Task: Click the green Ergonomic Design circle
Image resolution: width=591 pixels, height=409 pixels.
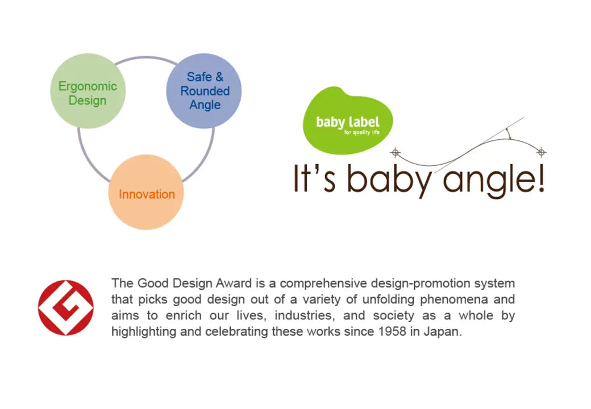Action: pyautogui.click(x=88, y=91)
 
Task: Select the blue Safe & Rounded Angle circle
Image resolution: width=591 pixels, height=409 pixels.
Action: pyautogui.click(x=204, y=91)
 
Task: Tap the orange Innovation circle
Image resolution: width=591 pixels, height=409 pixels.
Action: pyautogui.click(x=146, y=192)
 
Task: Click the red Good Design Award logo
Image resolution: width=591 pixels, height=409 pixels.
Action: pyautogui.click(x=65, y=308)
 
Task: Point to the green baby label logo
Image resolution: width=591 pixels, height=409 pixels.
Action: pyautogui.click(x=348, y=120)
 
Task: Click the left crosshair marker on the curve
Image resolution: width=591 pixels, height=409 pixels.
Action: pyautogui.click(x=396, y=153)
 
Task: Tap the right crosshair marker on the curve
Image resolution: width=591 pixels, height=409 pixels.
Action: pyautogui.click(x=542, y=152)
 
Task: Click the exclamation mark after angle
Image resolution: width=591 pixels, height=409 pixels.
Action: pyautogui.click(x=541, y=179)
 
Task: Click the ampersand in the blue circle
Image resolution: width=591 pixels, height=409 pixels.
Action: pyautogui.click(x=219, y=77)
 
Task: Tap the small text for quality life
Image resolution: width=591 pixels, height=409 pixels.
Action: pyautogui.click(x=362, y=132)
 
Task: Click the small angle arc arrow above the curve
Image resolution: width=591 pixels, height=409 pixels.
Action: pyautogui.click(x=509, y=133)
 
